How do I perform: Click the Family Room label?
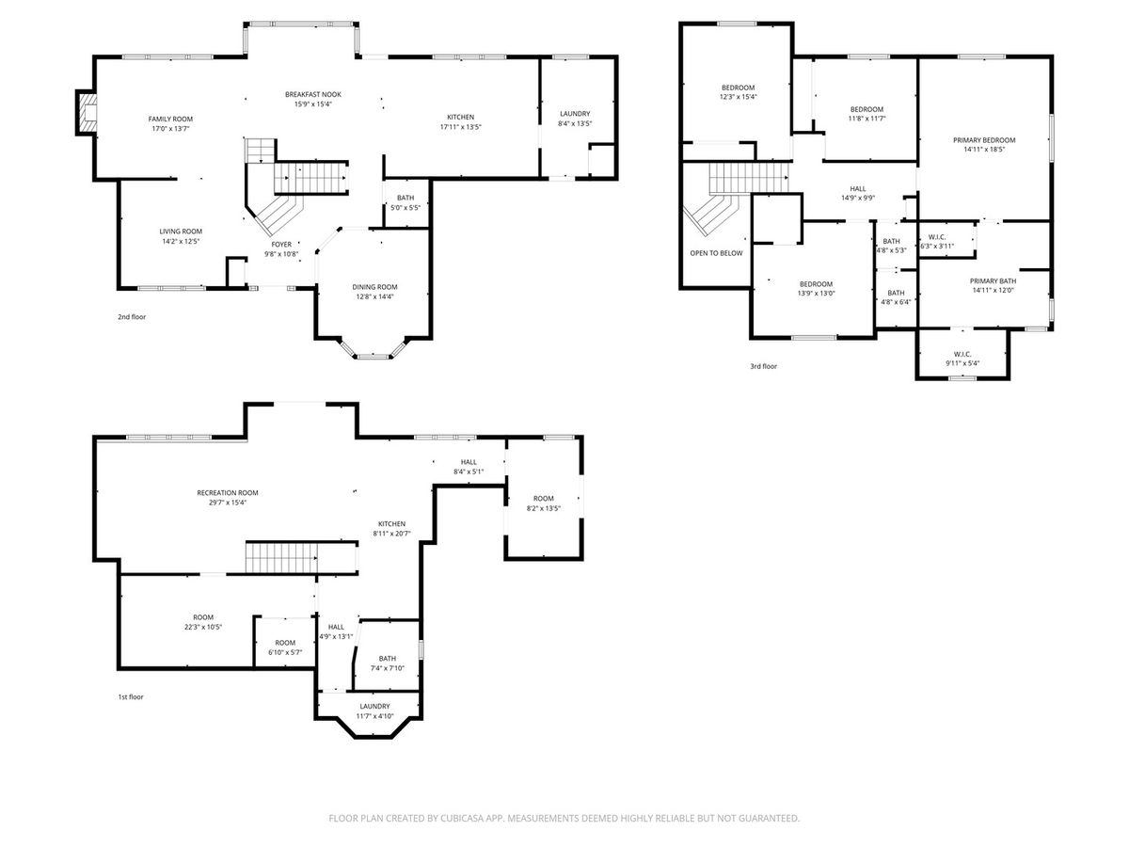point(170,120)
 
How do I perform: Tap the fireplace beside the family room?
point(87,113)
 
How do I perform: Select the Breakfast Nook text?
point(312,95)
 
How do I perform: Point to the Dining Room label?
point(374,287)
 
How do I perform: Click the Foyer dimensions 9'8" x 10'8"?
point(281,254)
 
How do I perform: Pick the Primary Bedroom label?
point(984,140)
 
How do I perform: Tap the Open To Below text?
point(716,253)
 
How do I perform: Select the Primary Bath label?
point(993,280)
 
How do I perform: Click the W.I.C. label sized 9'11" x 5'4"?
point(962,354)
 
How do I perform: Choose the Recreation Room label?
point(228,492)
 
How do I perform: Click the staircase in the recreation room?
point(282,557)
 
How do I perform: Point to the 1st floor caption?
point(131,696)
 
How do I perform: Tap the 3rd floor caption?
point(763,366)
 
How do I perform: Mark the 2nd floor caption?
point(132,317)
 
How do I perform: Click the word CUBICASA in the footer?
point(461,818)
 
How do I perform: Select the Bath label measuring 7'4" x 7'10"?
point(388,659)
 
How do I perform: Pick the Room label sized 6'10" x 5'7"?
point(285,643)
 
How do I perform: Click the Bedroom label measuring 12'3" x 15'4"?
point(739,88)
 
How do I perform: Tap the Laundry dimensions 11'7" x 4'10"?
point(374,716)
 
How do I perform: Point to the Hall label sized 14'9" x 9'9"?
point(857,189)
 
